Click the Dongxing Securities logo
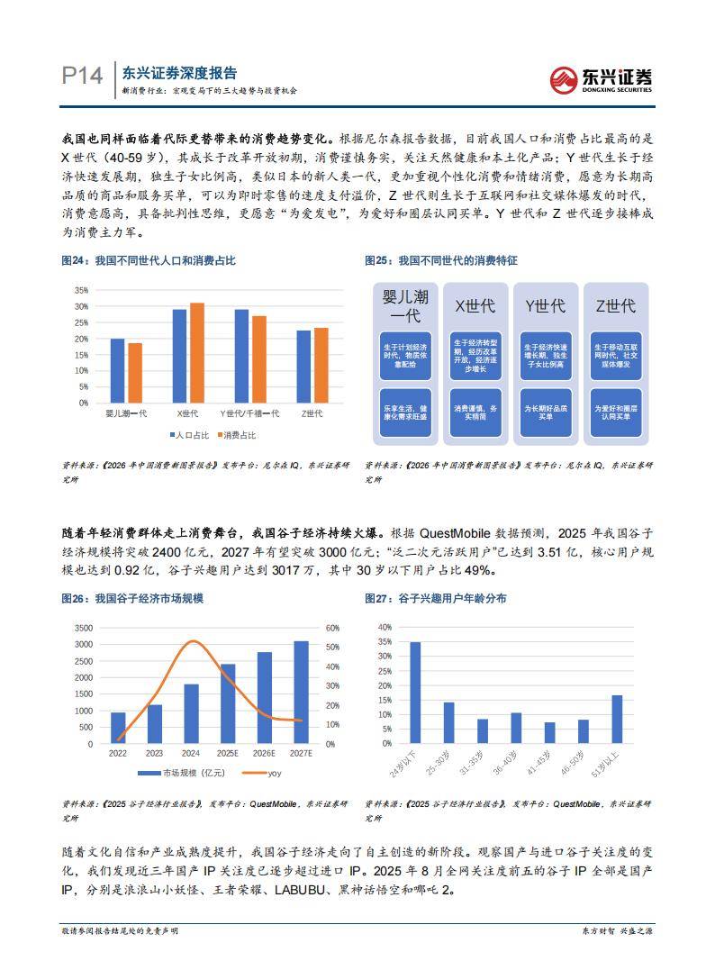[601, 77]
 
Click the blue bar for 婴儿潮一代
[117, 371]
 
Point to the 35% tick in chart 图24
[81, 290]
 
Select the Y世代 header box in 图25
[545, 306]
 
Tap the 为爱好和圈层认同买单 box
[616, 412]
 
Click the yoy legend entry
[267, 774]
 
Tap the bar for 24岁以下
[415, 693]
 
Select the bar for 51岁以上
[617, 719]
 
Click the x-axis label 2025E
[228, 753]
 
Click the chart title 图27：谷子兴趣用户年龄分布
[435, 598]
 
